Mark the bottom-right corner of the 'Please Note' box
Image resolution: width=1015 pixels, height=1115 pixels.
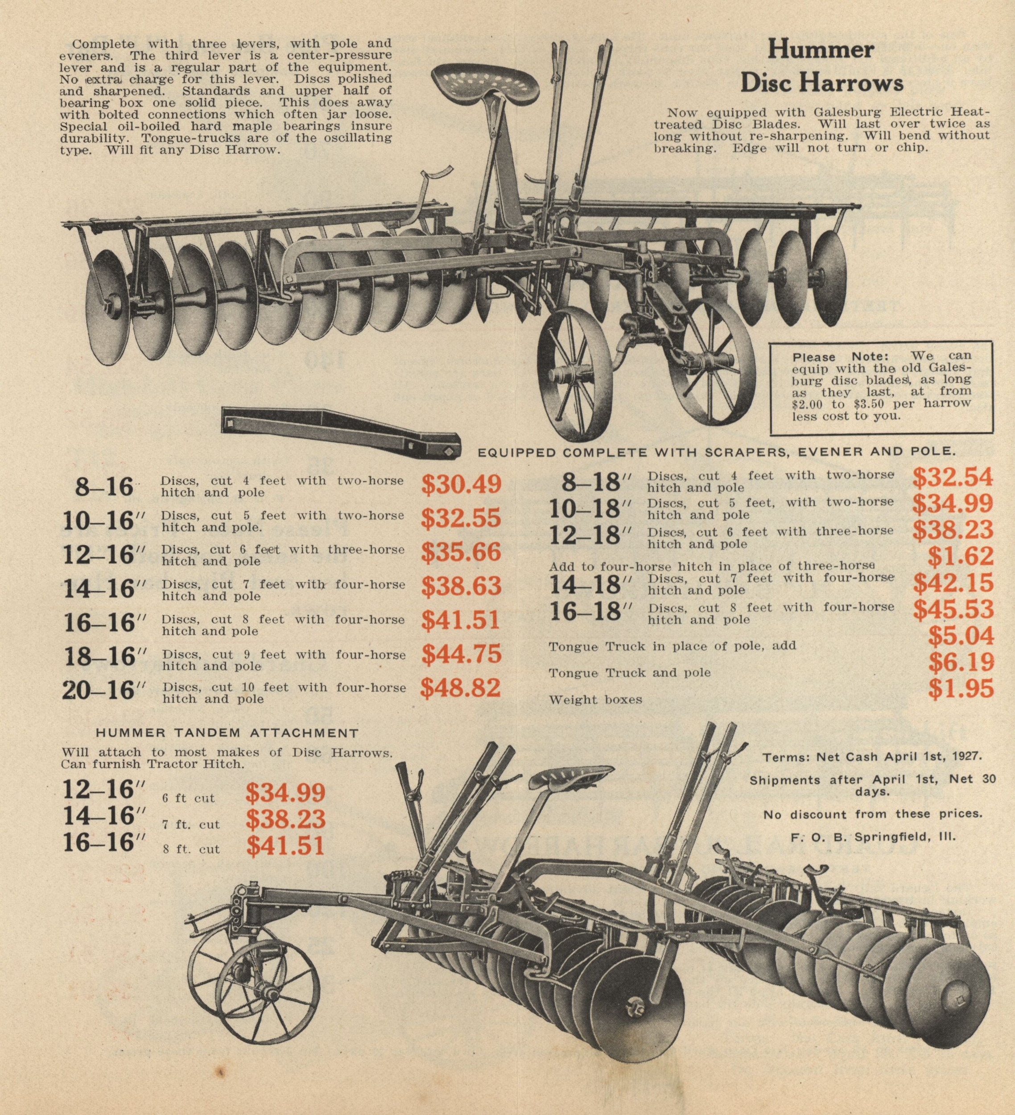coord(993,435)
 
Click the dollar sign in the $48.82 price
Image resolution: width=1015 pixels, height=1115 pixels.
coord(426,688)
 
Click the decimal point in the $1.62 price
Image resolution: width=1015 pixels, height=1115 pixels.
coord(960,564)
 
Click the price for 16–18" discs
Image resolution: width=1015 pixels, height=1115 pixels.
coord(953,609)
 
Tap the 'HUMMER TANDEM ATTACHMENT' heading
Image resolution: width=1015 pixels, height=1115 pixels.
coord(227,733)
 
